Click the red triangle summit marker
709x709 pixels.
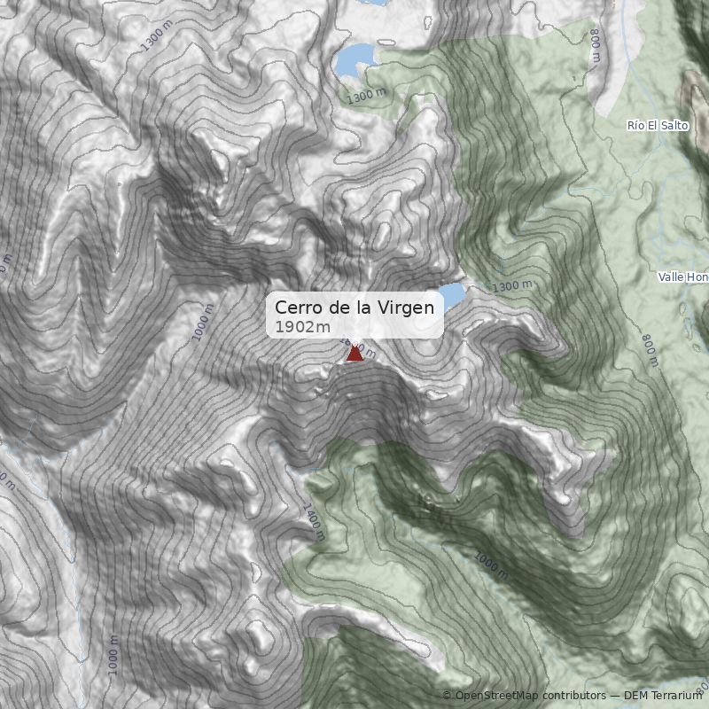coord(354,353)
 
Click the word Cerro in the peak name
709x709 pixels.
coord(296,307)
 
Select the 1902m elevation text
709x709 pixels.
coord(302,327)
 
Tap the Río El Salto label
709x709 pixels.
coord(658,126)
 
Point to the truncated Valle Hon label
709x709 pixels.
coord(683,277)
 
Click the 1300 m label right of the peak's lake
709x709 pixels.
coord(512,286)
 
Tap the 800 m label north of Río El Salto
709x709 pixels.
coord(596,45)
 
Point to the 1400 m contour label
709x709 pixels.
coord(313,522)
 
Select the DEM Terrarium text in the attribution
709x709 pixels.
coord(663,696)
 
